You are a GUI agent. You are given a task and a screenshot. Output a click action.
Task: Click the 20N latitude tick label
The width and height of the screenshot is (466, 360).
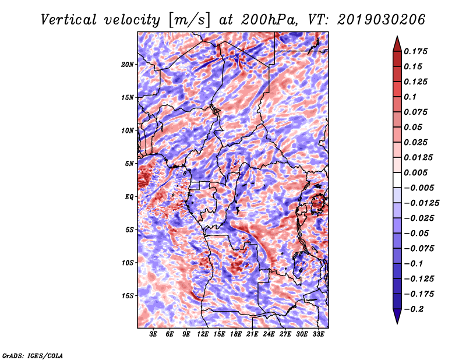click(x=128, y=64)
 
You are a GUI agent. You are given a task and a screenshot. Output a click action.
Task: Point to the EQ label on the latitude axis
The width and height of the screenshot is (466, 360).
click(x=129, y=196)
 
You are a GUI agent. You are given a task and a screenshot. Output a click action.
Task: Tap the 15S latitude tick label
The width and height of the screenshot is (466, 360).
click(x=128, y=295)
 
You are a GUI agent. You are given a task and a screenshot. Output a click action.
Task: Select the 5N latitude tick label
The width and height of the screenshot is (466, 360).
click(x=129, y=163)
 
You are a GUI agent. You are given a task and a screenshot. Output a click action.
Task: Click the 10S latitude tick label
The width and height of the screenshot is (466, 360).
click(x=128, y=262)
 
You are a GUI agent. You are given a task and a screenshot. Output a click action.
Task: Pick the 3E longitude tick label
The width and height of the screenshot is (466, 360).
click(x=154, y=335)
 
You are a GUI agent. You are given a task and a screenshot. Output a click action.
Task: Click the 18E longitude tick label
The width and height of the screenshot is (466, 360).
click(x=236, y=335)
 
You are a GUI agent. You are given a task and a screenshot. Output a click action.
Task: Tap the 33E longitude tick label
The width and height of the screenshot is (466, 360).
click(x=318, y=335)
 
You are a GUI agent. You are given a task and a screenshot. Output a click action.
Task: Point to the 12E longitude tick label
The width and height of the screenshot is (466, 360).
click(x=203, y=335)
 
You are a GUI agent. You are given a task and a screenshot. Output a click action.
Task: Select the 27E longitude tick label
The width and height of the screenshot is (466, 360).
click(x=285, y=335)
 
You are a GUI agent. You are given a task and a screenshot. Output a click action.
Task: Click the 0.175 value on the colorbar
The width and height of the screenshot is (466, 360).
click(x=417, y=51)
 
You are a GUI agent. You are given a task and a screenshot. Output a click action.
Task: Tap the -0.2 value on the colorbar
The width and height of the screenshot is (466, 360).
click(x=414, y=309)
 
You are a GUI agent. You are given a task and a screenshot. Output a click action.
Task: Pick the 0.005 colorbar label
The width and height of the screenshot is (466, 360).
click(x=417, y=172)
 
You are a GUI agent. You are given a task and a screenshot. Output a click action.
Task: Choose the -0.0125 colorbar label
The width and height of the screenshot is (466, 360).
click(x=422, y=203)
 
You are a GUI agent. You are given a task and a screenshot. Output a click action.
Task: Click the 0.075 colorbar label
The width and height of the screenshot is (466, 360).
click(x=417, y=112)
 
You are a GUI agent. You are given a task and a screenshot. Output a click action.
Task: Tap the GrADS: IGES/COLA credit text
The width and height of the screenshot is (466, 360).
click(x=32, y=355)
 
